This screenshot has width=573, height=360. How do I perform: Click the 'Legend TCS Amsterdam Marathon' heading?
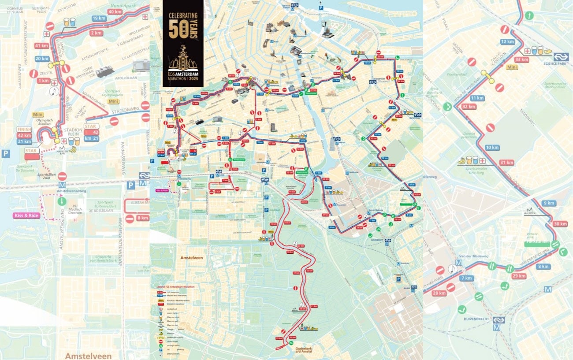(175, 286)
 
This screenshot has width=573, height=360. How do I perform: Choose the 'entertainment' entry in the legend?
(173, 354)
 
